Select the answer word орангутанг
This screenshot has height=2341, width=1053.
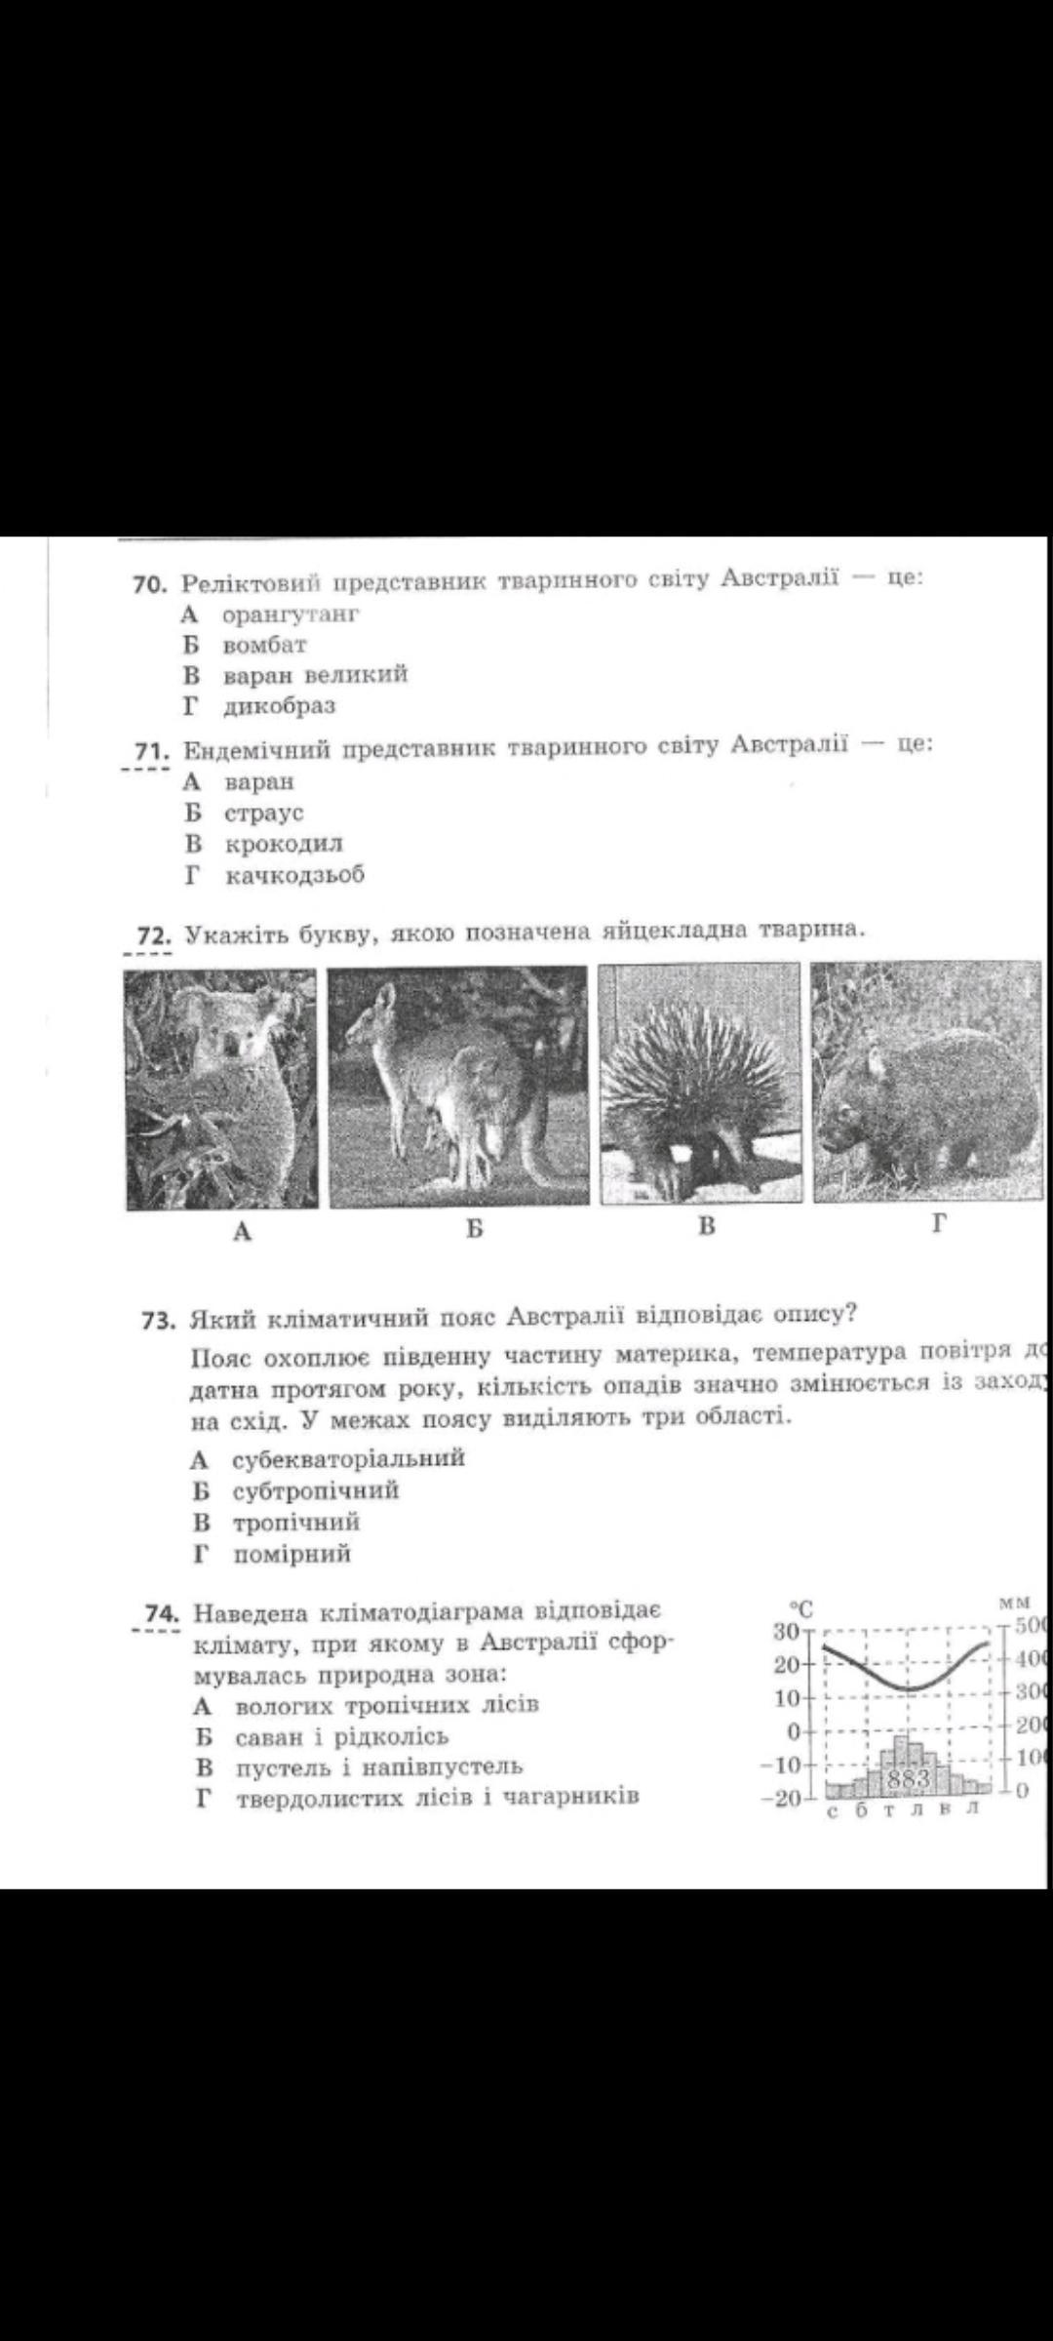click(291, 615)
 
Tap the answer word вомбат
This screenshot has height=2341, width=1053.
click(264, 645)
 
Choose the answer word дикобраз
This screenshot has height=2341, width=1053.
click(279, 705)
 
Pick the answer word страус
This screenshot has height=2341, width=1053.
click(264, 813)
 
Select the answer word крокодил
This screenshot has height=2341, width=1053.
click(284, 844)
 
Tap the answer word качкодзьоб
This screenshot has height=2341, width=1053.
click(294, 875)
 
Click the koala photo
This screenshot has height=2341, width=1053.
click(221, 1089)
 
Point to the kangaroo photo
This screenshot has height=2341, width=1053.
click(458, 1086)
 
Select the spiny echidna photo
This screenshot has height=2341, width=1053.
click(698, 1083)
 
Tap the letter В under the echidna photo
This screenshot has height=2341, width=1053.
click(707, 1226)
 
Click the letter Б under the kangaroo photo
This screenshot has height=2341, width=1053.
click(474, 1228)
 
